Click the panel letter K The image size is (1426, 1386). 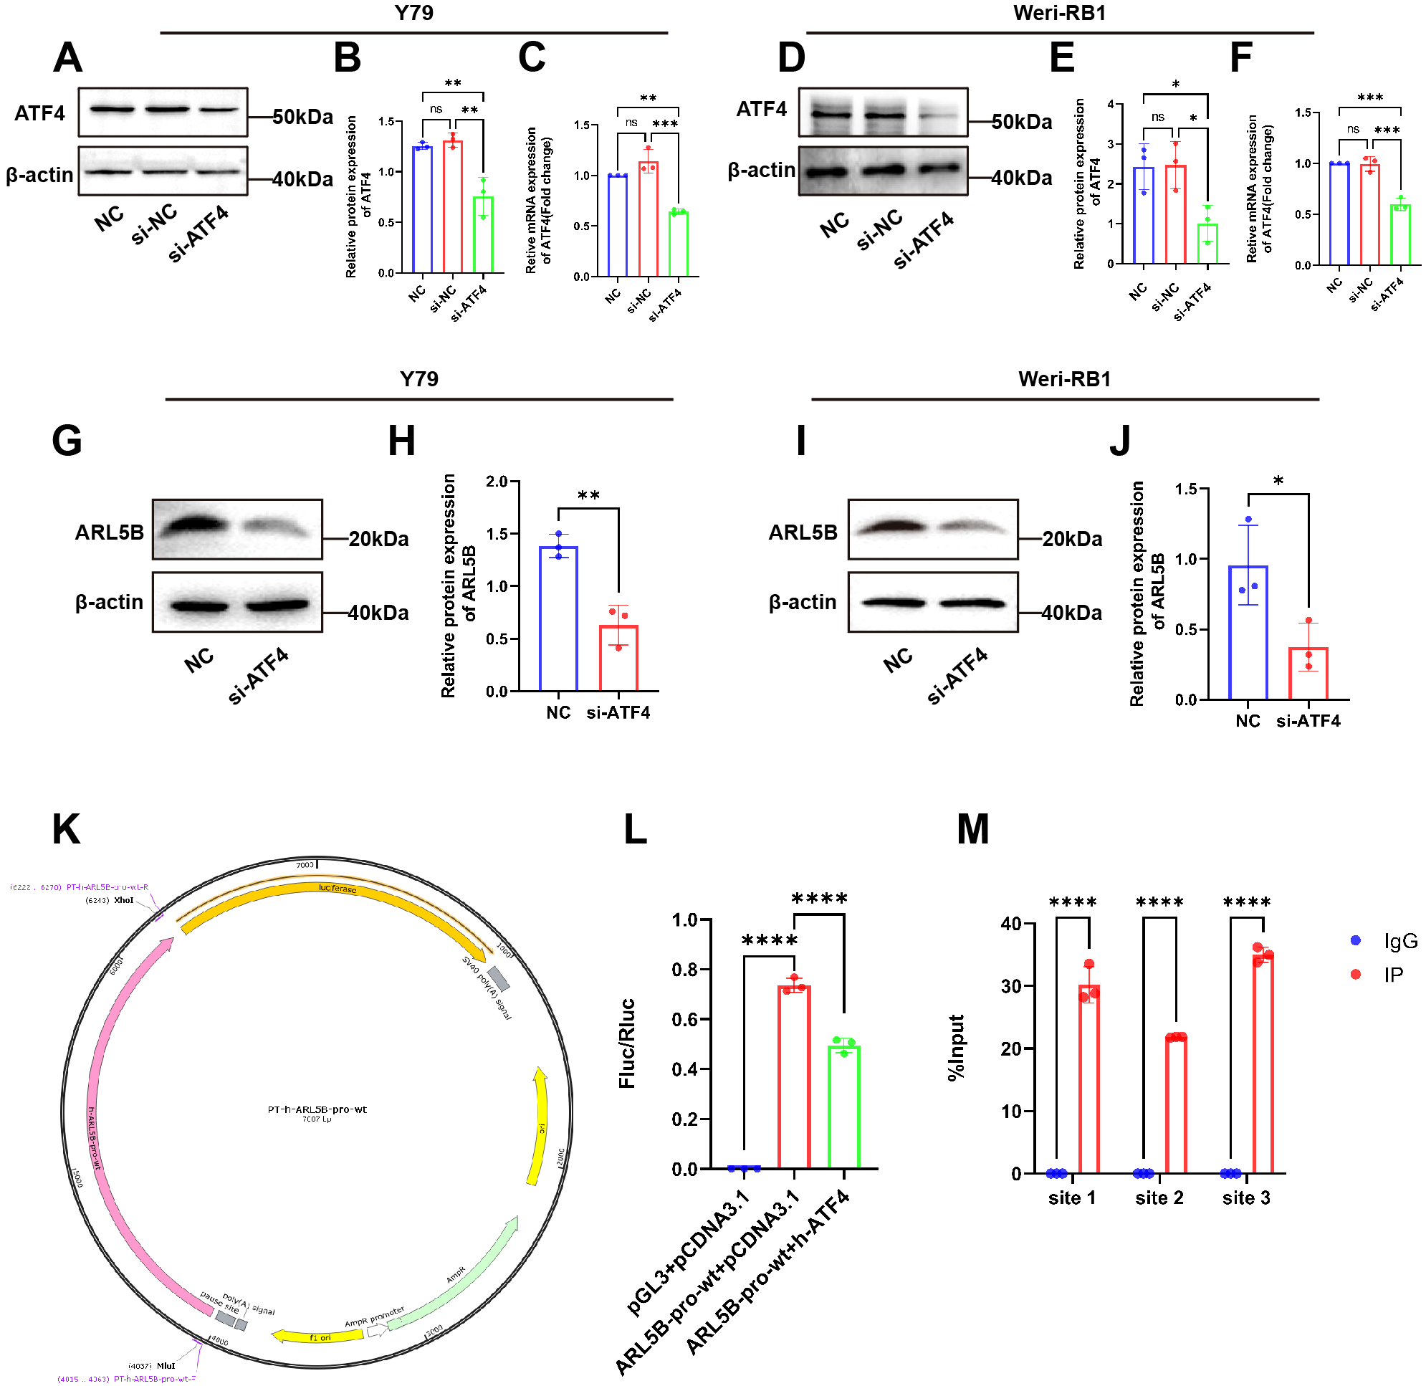[66, 829]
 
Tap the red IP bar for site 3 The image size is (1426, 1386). [1263, 1064]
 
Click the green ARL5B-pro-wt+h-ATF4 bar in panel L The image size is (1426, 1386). [843, 1107]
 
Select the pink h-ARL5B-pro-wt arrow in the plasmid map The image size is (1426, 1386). [109, 1092]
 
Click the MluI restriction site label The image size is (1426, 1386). [166, 1366]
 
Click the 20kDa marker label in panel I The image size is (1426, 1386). [1071, 540]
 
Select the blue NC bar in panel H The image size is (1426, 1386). [558, 618]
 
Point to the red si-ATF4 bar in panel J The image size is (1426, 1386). [1308, 674]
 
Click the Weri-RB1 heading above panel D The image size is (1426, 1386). [1059, 13]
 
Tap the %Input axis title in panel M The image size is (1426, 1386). [957, 1048]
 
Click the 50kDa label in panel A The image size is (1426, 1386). [303, 117]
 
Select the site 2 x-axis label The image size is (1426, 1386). [1159, 1198]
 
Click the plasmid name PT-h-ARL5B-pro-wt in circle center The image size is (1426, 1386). [317, 1109]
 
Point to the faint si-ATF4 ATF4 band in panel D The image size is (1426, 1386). [938, 114]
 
